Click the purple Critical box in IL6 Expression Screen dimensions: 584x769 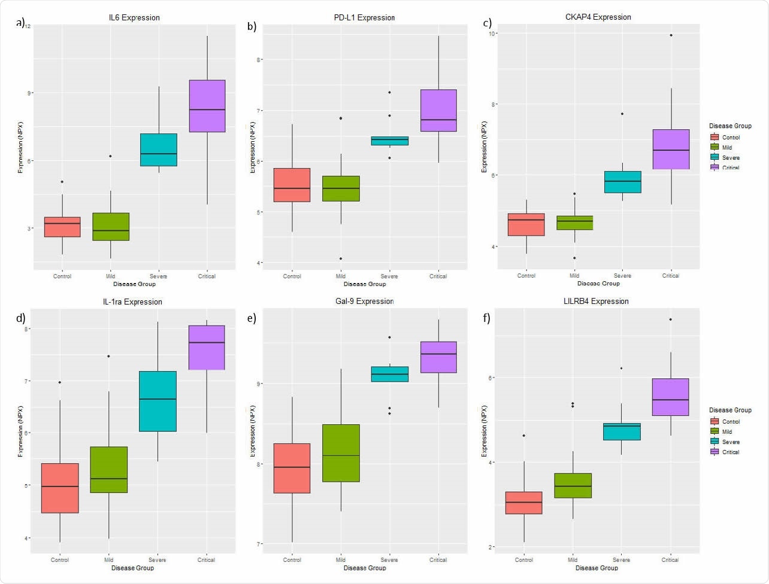[x=207, y=106]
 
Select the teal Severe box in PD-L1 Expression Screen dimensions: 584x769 [x=389, y=141]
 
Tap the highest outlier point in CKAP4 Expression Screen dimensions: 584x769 [x=671, y=35]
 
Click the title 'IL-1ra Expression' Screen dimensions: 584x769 [x=132, y=302]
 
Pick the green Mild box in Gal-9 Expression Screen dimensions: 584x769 [x=341, y=453]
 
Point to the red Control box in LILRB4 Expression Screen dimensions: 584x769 [x=524, y=503]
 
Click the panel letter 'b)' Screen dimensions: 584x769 [x=252, y=26]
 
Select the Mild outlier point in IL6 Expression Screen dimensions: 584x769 [x=110, y=156]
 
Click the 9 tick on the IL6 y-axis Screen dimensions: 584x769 [x=28, y=93]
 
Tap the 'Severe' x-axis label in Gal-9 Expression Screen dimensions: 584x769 [x=389, y=560]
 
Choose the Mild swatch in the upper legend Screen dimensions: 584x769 [x=714, y=147]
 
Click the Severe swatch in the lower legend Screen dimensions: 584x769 [x=714, y=442]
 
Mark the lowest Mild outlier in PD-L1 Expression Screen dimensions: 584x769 [x=341, y=258]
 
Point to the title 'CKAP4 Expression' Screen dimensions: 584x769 [x=598, y=17]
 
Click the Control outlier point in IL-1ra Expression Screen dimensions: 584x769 [x=60, y=382]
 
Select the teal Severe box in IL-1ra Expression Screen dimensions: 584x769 [x=158, y=401]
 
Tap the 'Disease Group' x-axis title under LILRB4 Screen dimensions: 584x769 [x=597, y=568]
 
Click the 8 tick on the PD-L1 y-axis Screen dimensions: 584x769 [x=259, y=60]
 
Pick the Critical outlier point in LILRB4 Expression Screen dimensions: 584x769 [x=670, y=320]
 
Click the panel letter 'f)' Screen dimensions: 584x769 [x=486, y=318]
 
